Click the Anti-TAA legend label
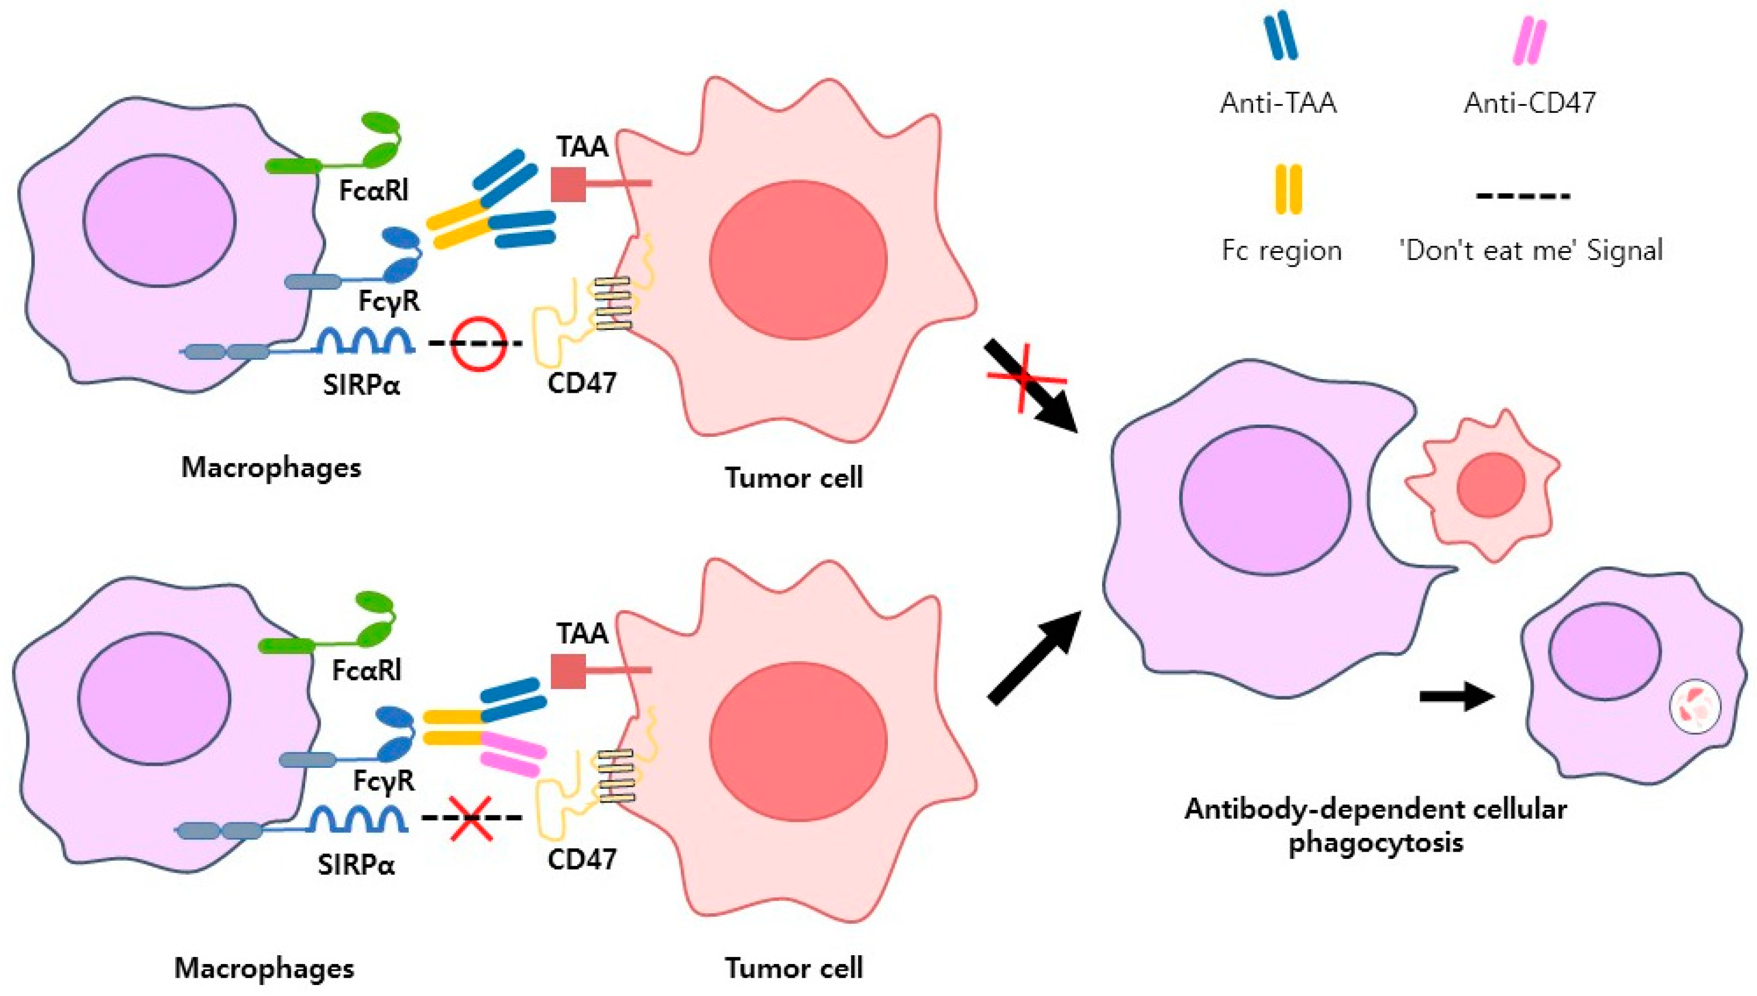(1278, 104)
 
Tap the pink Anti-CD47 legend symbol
(1530, 41)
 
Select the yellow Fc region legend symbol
(1288, 190)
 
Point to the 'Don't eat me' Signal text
(1531, 250)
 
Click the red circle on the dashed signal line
(478, 343)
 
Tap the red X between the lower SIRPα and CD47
(470, 818)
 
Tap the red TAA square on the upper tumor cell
(568, 184)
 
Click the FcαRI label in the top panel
(373, 191)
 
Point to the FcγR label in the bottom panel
(384, 780)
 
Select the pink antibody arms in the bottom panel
(512, 753)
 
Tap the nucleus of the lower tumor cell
(798, 741)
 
